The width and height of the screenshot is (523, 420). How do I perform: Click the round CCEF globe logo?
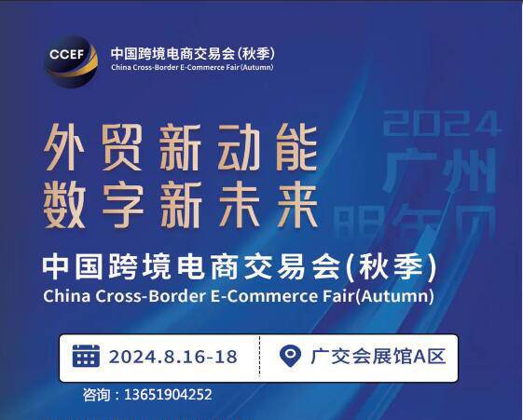[71, 62]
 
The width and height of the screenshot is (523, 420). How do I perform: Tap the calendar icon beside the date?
[86, 356]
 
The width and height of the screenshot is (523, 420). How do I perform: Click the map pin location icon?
[290, 356]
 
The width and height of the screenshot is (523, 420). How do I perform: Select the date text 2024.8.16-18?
[173, 357]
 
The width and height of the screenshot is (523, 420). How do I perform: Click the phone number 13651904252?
[168, 395]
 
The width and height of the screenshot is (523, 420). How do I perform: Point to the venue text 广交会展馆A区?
[378, 356]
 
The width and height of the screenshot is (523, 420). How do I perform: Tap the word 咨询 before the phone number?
[96, 395]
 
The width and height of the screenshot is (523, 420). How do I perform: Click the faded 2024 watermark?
[442, 124]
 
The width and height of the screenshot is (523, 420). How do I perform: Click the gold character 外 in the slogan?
[64, 146]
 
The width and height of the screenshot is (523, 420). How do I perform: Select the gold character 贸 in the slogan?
[122, 146]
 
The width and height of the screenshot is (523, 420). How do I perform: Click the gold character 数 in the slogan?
[64, 205]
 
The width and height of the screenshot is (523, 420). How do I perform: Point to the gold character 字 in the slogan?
[123, 205]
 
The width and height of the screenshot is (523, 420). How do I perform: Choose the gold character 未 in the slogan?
[240, 205]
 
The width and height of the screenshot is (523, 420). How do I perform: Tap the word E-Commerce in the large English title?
[264, 296]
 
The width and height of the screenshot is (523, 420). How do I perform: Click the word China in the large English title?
[67, 296]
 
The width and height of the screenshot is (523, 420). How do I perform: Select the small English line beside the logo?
[192, 67]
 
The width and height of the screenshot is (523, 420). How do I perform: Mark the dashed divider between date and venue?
[259, 358]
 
